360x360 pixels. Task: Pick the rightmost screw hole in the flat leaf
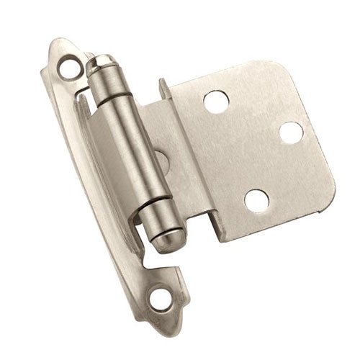point(291,132)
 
